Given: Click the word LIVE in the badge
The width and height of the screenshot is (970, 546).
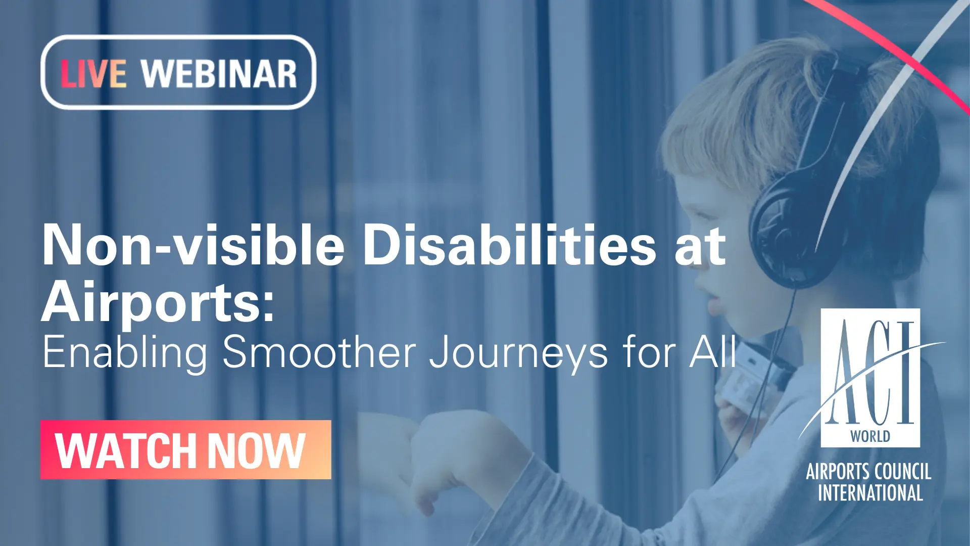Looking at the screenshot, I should coord(93,74).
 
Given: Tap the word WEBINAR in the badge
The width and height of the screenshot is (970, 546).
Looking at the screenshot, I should coord(219,74).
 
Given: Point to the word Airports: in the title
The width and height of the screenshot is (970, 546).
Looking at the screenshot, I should coord(158,302).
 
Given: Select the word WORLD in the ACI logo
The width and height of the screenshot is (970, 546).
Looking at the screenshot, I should coord(870,436).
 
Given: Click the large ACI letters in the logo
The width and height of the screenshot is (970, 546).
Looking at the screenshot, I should coord(870,374).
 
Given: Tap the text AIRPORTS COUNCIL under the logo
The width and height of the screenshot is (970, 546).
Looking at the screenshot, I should coord(868,472).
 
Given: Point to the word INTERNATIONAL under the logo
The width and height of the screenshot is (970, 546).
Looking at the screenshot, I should coord(870,493).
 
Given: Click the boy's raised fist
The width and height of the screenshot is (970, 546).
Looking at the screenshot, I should coord(450,445).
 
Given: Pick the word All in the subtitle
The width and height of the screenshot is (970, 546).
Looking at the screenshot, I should coord(713,352).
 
